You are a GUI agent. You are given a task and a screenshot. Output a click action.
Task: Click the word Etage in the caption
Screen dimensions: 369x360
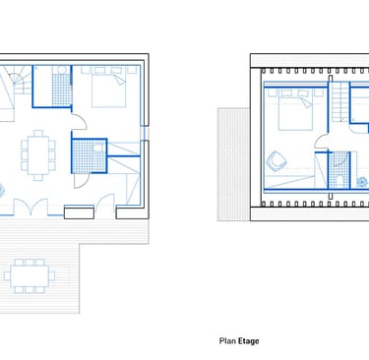click(x=249, y=341)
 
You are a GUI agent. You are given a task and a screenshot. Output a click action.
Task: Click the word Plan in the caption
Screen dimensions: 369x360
click(x=227, y=341)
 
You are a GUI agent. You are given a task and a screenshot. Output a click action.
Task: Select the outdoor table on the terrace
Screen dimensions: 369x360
click(x=30, y=276)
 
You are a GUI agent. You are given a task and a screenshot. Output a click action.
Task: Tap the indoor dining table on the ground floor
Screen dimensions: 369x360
click(x=38, y=155)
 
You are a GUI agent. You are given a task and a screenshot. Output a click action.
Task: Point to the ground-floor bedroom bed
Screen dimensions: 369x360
click(x=108, y=87)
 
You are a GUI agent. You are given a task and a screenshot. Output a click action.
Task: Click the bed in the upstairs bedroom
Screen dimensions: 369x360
click(x=295, y=110)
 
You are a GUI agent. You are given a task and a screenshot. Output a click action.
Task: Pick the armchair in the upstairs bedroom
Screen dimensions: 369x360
click(x=277, y=161)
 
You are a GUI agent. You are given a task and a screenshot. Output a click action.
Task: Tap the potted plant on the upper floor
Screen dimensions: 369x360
click(x=362, y=182)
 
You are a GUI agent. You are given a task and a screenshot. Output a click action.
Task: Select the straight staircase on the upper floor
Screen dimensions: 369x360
click(x=340, y=101)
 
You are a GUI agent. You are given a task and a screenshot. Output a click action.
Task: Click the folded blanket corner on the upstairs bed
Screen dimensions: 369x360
click(x=306, y=102)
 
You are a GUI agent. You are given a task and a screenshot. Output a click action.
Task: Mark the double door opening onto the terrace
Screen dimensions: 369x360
click(x=31, y=207)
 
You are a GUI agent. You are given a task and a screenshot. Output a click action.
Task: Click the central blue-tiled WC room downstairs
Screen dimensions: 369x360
click(x=90, y=156)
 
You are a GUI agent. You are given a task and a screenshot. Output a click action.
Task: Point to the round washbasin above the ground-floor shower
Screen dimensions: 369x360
click(x=62, y=70)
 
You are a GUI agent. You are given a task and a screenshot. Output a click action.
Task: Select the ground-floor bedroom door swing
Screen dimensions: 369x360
click(x=80, y=122)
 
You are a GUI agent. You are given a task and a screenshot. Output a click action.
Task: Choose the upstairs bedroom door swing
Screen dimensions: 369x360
click(x=322, y=141)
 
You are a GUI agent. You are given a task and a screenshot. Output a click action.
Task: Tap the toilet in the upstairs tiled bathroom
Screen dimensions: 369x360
click(x=339, y=182)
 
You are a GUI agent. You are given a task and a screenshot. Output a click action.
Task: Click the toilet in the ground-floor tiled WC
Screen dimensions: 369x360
click(x=98, y=149)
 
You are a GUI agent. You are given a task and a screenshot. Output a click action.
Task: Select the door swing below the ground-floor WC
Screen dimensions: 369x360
click(x=82, y=181)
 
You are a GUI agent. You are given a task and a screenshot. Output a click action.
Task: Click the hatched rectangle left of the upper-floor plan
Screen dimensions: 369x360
click(x=234, y=164)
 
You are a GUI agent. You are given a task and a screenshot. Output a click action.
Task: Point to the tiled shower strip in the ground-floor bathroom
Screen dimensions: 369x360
click(x=62, y=90)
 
